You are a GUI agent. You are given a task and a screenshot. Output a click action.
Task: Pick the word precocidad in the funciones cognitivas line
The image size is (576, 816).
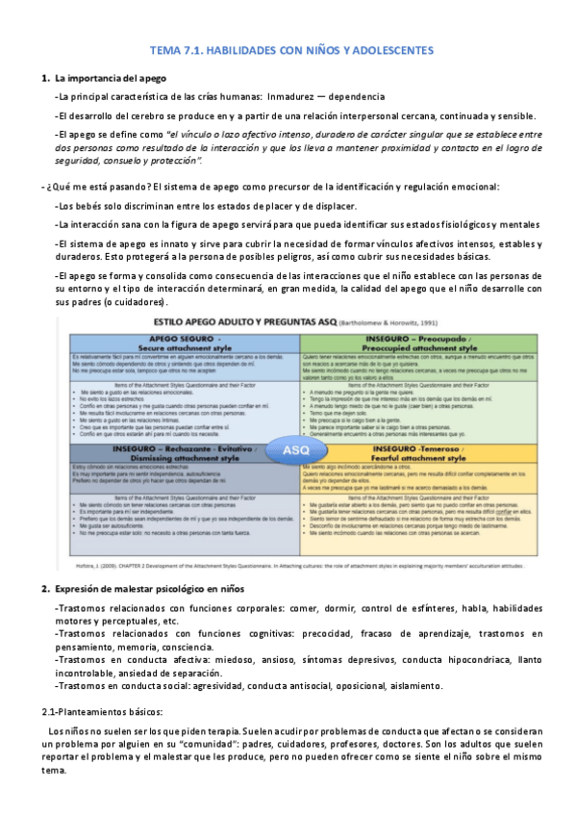pyautogui.click(x=307, y=634)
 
